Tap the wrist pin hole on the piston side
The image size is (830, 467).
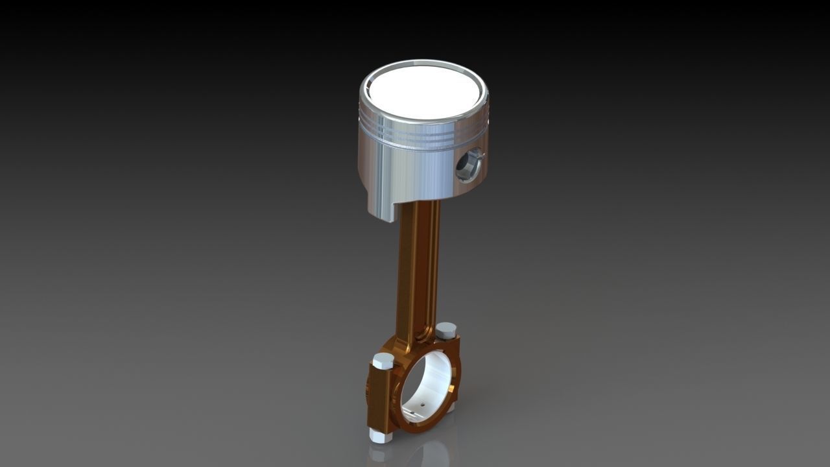click(468, 166)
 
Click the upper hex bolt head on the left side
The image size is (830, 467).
click(383, 361)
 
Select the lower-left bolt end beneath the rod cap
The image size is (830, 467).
click(380, 435)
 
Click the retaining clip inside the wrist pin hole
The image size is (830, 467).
click(477, 156)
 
